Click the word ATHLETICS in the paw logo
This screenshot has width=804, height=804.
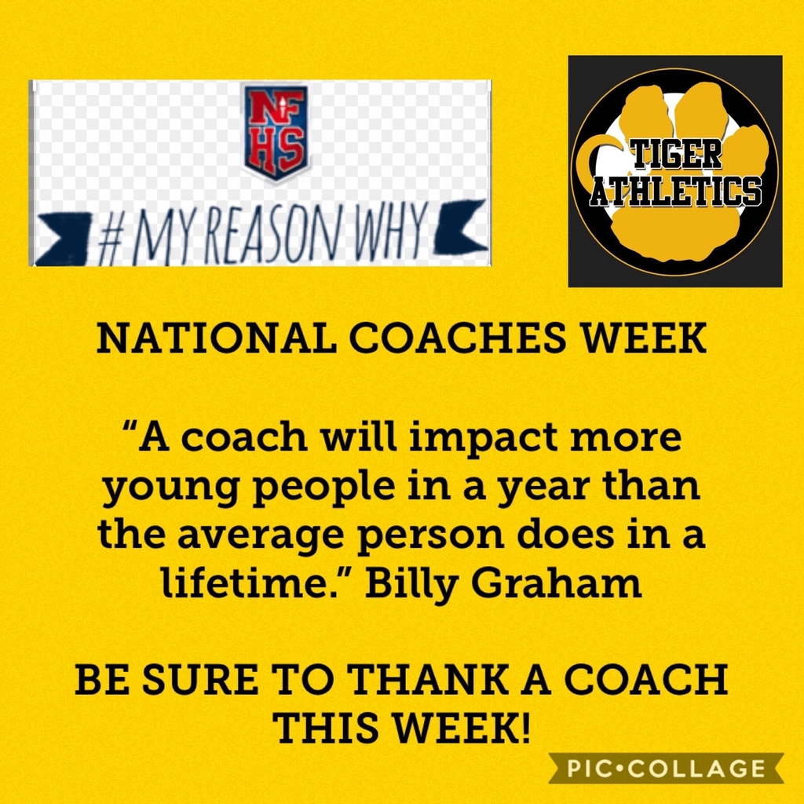(675, 192)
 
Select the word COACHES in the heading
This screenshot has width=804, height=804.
(458, 338)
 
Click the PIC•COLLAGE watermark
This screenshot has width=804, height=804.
(666, 768)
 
